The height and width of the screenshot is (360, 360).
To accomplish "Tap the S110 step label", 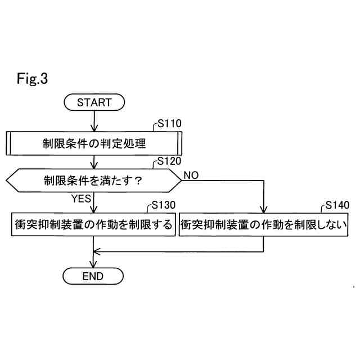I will [x=169, y=124].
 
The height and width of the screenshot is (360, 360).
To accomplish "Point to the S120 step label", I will [x=169, y=163].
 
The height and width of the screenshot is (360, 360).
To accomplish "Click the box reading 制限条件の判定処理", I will [x=94, y=143].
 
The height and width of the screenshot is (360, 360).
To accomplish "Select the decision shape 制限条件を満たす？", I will [x=94, y=181].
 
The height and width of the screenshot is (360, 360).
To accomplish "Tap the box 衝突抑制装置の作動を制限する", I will [x=93, y=224].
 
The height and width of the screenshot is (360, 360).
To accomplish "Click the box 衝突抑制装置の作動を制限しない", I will [x=264, y=224].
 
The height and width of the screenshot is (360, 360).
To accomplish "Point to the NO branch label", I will [x=191, y=175].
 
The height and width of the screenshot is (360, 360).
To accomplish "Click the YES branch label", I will [x=81, y=198].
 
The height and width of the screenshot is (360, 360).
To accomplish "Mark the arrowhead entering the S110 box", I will [x=94, y=128].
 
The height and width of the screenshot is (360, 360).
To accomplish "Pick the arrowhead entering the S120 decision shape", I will [x=94, y=166].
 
